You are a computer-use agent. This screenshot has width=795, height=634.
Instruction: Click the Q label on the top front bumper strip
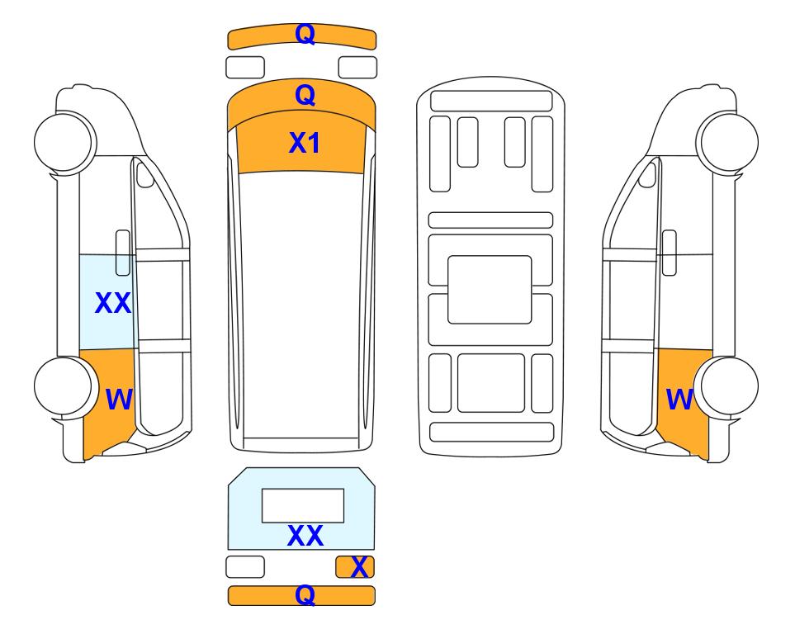[305, 34]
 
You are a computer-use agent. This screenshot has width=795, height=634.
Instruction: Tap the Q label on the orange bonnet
[305, 95]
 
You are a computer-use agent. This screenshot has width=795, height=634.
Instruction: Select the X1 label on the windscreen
[304, 143]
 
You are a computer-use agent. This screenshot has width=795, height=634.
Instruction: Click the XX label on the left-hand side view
[113, 303]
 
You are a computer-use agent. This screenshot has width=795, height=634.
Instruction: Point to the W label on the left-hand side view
[119, 400]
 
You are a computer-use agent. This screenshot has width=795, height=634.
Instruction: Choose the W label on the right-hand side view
[679, 400]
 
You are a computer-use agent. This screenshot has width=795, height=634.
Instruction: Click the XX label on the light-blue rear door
[305, 536]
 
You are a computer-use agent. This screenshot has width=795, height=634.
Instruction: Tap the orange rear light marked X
[355, 566]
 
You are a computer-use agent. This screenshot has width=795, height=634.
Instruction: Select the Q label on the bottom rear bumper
[305, 594]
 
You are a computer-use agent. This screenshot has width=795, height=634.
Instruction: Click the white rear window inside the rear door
[303, 506]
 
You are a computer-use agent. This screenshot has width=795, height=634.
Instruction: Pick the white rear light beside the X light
[245, 566]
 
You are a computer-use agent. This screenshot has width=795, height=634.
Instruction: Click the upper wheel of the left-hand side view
[65, 141]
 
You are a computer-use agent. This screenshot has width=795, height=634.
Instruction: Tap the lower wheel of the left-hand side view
[65, 386]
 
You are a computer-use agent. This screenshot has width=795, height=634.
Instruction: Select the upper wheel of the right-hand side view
[727, 141]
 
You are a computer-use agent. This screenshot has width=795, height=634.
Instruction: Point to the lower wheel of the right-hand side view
[727, 386]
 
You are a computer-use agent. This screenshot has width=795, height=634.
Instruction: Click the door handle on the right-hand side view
[670, 253]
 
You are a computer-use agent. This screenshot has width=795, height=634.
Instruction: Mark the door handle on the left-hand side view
[123, 253]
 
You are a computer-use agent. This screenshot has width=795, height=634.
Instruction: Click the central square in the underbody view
[490, 290]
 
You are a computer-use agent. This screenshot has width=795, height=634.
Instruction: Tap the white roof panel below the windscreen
[301, 305]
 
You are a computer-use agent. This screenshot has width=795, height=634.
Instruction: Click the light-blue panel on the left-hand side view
[107, 302]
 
